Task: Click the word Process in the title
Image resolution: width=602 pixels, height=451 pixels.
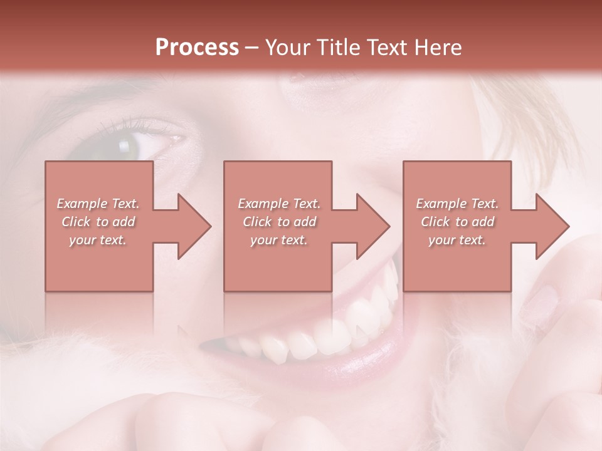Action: tap(197, 48)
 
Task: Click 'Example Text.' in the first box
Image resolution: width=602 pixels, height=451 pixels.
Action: tap(98, 204)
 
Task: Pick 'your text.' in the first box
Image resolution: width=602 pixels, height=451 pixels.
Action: tap(98, 240)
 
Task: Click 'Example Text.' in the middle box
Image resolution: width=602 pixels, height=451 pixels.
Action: tap(279, 204)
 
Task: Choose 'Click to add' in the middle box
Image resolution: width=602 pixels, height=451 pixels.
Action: tap(279, 222)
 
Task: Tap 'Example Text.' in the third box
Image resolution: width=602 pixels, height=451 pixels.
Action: tap(457, 204)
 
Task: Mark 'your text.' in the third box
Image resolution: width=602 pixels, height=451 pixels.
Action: tap(457, 240)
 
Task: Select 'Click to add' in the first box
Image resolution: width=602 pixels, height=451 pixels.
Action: tap(98, 222)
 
